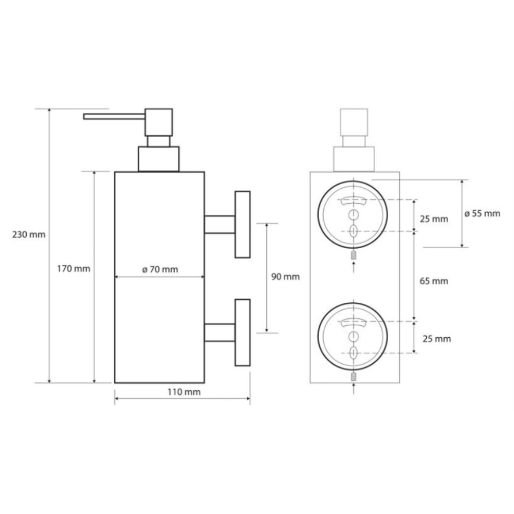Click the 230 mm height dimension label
point(29,235)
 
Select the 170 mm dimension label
point(74,269)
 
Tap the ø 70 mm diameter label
point(160,269)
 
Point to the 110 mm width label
point(184,392)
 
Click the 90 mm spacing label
point(285,277)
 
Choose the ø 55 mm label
point(482,214)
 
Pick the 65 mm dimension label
point(434,281)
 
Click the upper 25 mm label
point(434,218)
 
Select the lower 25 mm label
point(436,339)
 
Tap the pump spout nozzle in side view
point(114,116)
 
